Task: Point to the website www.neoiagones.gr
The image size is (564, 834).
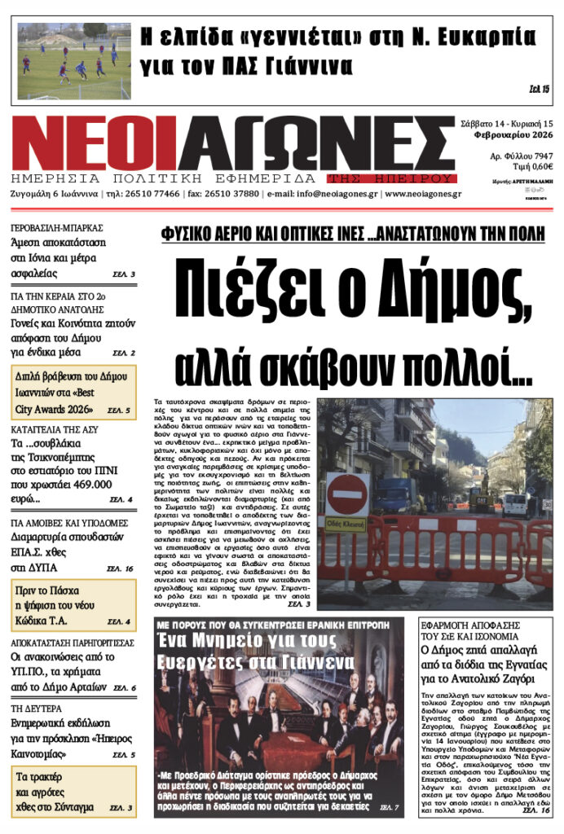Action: [423, 194]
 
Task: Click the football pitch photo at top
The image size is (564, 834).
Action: [73, 61]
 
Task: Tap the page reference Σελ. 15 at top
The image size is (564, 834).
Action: [540, 88]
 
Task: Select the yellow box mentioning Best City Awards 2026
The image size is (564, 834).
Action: [73, 392]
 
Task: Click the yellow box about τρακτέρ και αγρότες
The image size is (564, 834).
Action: [73, 791]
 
